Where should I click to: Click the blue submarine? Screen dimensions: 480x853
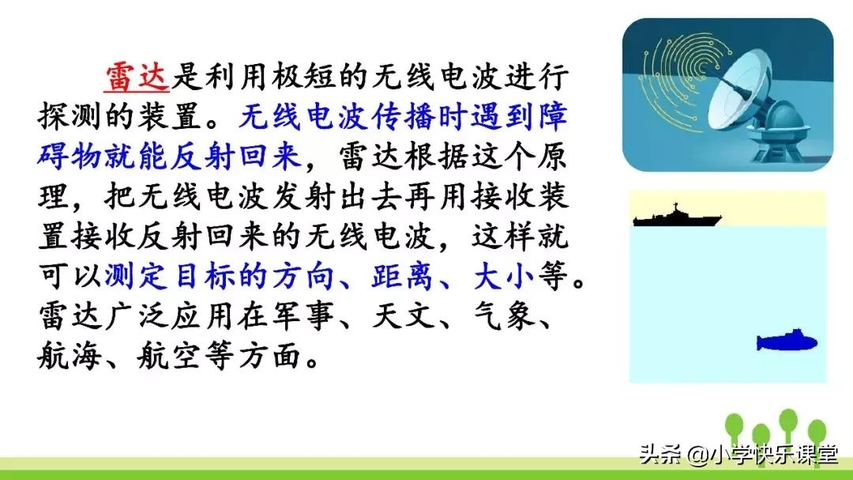pos(786,342)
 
